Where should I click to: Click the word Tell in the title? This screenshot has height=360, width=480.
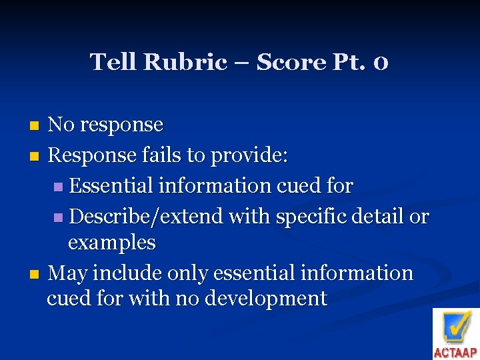[x=112, y=63]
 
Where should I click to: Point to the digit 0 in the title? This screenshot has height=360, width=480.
[x=381, y=63]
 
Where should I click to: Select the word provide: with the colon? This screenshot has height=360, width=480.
[x=249, y=156]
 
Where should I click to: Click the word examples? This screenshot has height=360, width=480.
[x=111, y=243]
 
